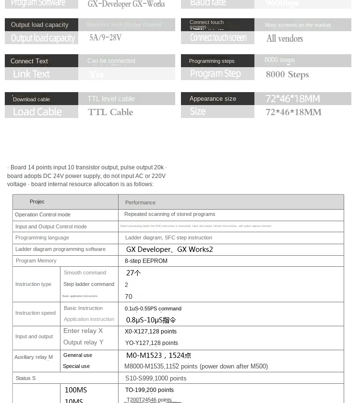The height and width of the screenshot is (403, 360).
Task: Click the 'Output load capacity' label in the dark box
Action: (40, 24)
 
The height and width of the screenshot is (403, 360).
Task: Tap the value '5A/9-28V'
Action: (106, 37)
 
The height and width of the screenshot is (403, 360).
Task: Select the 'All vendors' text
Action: (285, 39)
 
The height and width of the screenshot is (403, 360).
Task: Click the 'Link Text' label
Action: (31, 74)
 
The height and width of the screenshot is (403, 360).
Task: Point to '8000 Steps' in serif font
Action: (287, 74)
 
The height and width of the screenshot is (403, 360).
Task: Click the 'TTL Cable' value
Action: (110, 112)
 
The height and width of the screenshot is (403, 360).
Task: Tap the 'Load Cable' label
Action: (37, 112)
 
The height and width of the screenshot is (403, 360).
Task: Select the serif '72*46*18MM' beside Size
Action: (293, 112)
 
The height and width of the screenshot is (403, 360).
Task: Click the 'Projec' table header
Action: (37, 202)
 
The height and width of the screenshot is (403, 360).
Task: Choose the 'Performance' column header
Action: (140, 202)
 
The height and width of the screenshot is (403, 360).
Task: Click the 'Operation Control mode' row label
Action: (43, 214)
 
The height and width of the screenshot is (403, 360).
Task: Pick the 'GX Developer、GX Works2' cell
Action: (169, 249)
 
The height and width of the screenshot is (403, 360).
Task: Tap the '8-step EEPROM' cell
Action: (146, 261)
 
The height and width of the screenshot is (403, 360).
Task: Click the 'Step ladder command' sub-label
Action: (89, 284)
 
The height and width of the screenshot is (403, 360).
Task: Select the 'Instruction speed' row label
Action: (36, 313)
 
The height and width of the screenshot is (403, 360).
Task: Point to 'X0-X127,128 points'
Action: (151, 332)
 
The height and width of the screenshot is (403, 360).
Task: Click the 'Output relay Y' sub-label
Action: (84, 343)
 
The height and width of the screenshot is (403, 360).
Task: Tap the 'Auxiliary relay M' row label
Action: (34, 357)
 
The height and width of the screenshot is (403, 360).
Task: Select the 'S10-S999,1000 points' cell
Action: (156, 379)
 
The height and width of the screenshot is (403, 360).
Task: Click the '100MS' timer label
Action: (76, 390)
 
